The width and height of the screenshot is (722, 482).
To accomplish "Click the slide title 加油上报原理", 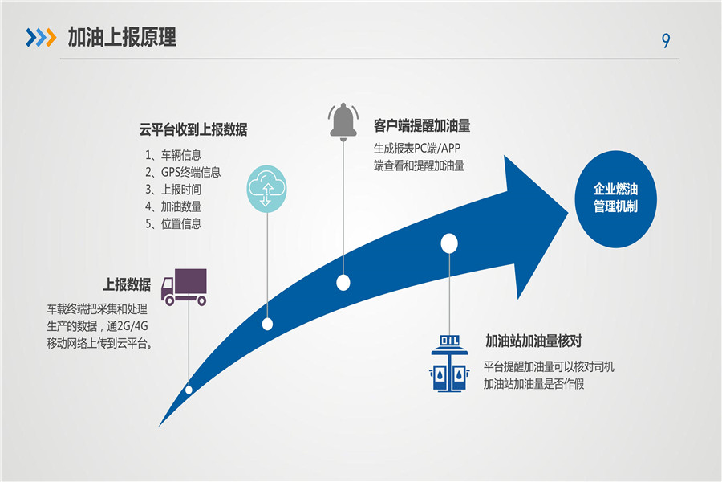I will point(122,37).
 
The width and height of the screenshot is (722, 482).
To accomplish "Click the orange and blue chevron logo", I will point(41,37).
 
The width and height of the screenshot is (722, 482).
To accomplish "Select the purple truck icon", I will point(185,287).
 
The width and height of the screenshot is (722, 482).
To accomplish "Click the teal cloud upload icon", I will point(266,187).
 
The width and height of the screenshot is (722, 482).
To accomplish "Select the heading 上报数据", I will point(127,284).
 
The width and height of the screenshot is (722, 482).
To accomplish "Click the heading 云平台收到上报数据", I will point(193,129).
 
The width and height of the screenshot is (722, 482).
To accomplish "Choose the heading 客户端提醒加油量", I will point(421,126).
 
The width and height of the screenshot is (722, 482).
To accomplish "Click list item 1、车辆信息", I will point(173,155).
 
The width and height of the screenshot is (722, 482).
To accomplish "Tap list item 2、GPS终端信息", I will point(183,172).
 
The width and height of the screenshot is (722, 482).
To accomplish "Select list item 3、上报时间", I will point(173,190).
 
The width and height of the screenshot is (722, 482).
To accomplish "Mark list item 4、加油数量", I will point(173,206).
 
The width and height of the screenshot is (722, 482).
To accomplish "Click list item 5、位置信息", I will point(173,224).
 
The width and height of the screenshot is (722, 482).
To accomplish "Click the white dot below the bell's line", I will point(343,282).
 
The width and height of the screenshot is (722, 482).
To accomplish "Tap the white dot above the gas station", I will point(449,243).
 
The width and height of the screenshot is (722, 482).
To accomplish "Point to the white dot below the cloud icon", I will point(267,324).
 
